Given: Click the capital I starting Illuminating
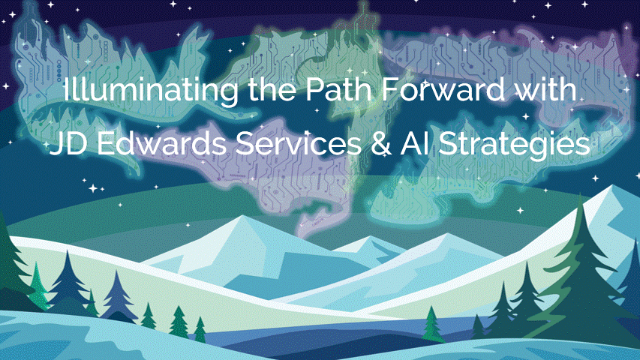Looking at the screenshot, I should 67,93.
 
